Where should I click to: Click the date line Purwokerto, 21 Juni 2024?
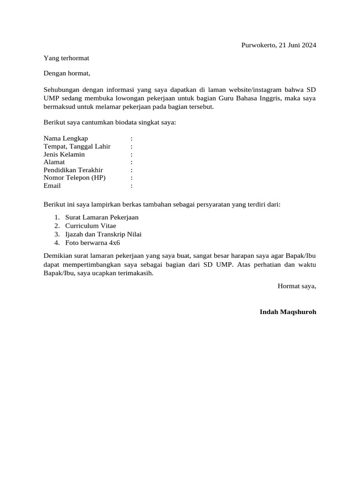tap(278, 45)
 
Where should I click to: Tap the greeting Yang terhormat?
tap(66, 58)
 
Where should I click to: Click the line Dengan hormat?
tap(67, 73)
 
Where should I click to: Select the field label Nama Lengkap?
tap(66, 138)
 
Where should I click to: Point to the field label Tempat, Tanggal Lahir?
tap(77, 146)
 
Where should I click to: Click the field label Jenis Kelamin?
tap(64, 154)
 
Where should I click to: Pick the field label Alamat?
tap(54, 162)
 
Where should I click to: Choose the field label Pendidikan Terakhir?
tap(73, 170)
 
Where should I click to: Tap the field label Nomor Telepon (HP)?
tap(75, 178)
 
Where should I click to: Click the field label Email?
tap(52, 186)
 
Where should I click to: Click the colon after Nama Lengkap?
tap(132, 138)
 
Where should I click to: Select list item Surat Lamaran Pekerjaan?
tap(102, 217)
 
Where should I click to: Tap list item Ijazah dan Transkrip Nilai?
tap(103, 234)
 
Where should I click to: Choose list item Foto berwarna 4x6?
tap(92, 243)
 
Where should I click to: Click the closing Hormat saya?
tap(297, 285)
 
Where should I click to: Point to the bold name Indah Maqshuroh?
tap(288, 312)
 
